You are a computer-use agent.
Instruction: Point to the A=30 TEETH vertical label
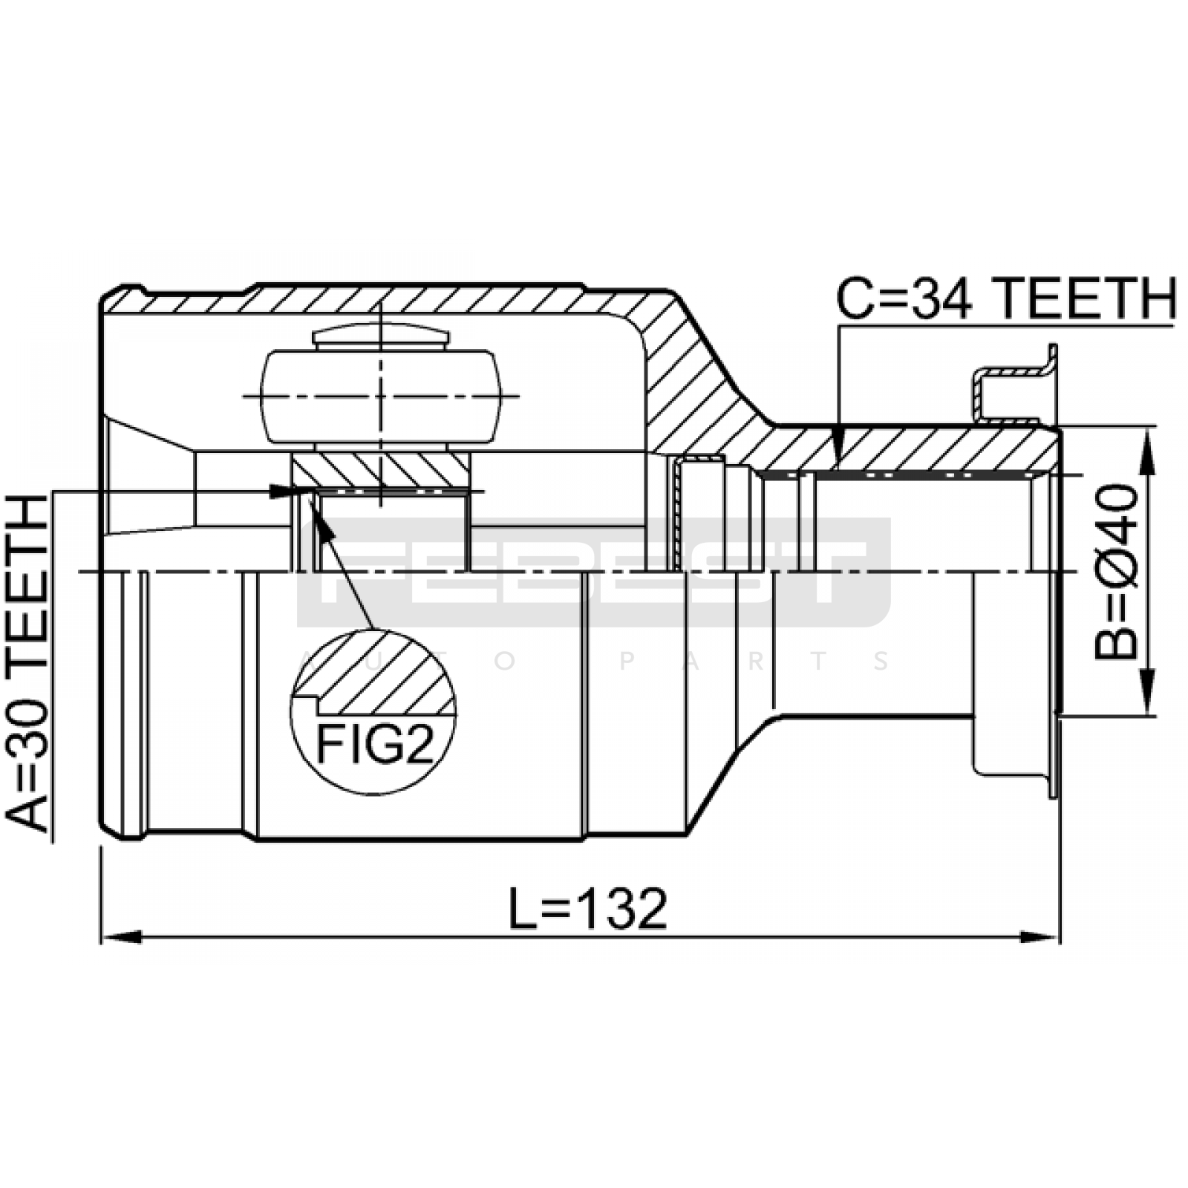[x=27, y=665]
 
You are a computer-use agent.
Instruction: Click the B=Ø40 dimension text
[x=1116, y=571]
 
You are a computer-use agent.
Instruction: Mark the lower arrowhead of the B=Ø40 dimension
[x=1148, y=695]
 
